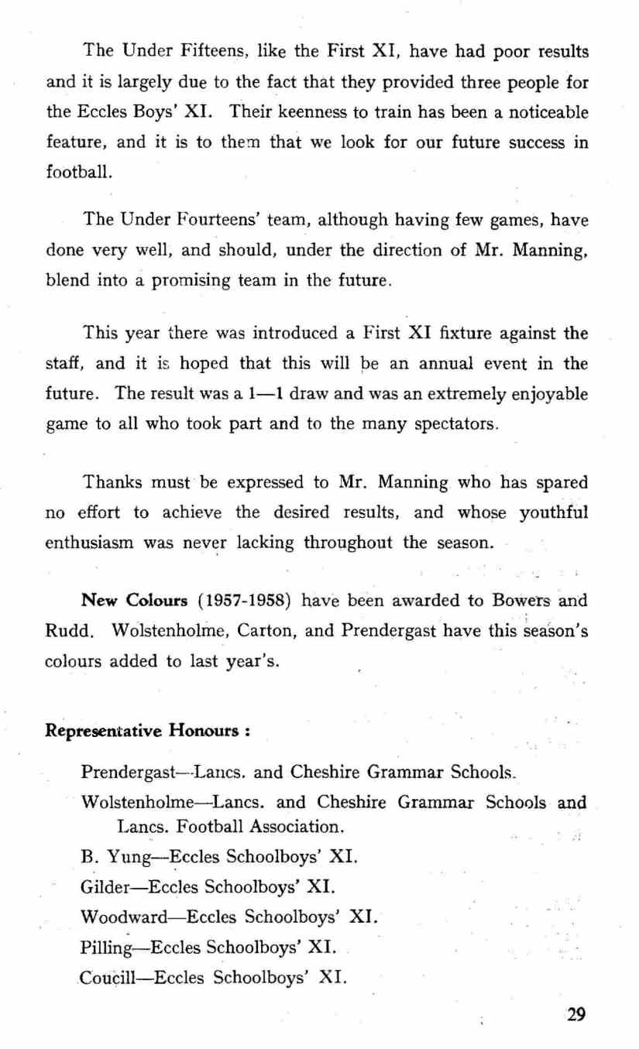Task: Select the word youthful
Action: click(x=551, y=512)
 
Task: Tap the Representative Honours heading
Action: click(x=144, y=729)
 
